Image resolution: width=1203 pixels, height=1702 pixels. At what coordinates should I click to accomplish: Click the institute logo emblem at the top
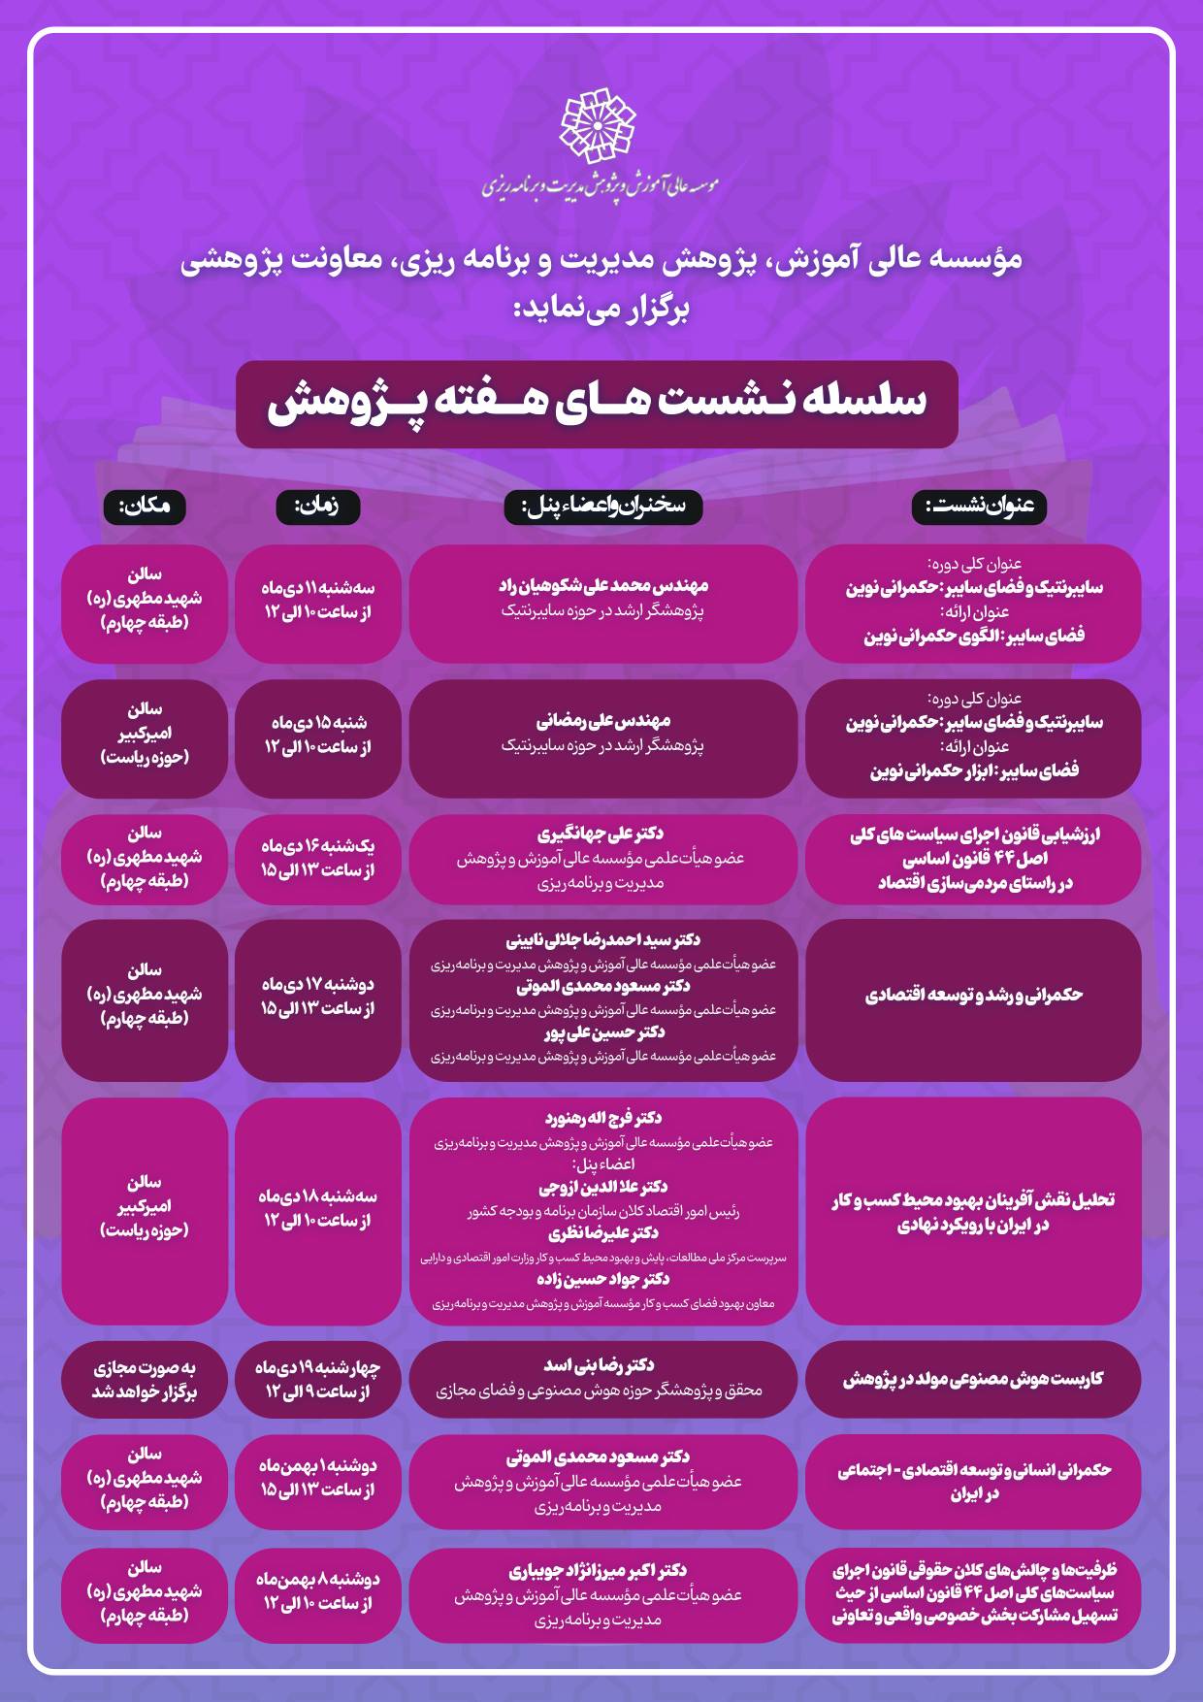click(x=600, y=126)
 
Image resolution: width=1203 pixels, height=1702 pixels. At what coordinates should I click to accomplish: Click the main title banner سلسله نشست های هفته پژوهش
click(x=597, y=404)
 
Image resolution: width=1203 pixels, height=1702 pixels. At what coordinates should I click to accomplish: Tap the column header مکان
click(x=144, y=506)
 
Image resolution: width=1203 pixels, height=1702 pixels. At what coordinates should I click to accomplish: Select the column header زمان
click(x=318, y=506)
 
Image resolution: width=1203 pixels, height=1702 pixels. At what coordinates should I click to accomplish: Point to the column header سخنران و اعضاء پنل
click(x=602, y=506)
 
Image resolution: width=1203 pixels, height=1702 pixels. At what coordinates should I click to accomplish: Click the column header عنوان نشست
click(x=979, y=506)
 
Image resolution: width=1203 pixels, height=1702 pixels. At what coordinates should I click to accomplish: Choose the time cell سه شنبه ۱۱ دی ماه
click(x=318, y=600)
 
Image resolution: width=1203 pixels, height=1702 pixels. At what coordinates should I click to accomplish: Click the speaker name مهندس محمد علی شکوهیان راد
click(x=603, y=586)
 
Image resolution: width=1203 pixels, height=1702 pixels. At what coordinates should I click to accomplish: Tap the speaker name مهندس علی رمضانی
click(x=603, y=721)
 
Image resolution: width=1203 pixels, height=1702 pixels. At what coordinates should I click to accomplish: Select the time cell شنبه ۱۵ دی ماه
click(x=318, y=735)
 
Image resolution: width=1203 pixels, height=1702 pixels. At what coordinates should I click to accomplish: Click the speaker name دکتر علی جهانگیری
click(x=601, y=834)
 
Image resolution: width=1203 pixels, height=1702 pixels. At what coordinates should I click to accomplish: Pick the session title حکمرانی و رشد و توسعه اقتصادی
click(x=973, y=996)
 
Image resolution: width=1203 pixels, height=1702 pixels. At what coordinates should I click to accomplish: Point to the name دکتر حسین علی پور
click(x=603, y=1032)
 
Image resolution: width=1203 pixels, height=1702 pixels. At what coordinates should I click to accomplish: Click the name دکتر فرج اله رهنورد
click(x=603, y=1118)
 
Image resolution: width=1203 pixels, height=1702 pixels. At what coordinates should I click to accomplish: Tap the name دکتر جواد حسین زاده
click(x=603, y=1279)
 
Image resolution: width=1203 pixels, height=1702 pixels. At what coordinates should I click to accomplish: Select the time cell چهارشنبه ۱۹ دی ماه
click(x=318, y=1380)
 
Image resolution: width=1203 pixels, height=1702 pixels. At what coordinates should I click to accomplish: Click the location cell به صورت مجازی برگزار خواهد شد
click(x=145, y=1380)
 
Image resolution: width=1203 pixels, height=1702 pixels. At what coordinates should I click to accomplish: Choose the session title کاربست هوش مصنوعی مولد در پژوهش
click(x=973, y=1379)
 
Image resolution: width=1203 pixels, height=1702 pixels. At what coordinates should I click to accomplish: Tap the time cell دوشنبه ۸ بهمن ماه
click(x=318, y=1591)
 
